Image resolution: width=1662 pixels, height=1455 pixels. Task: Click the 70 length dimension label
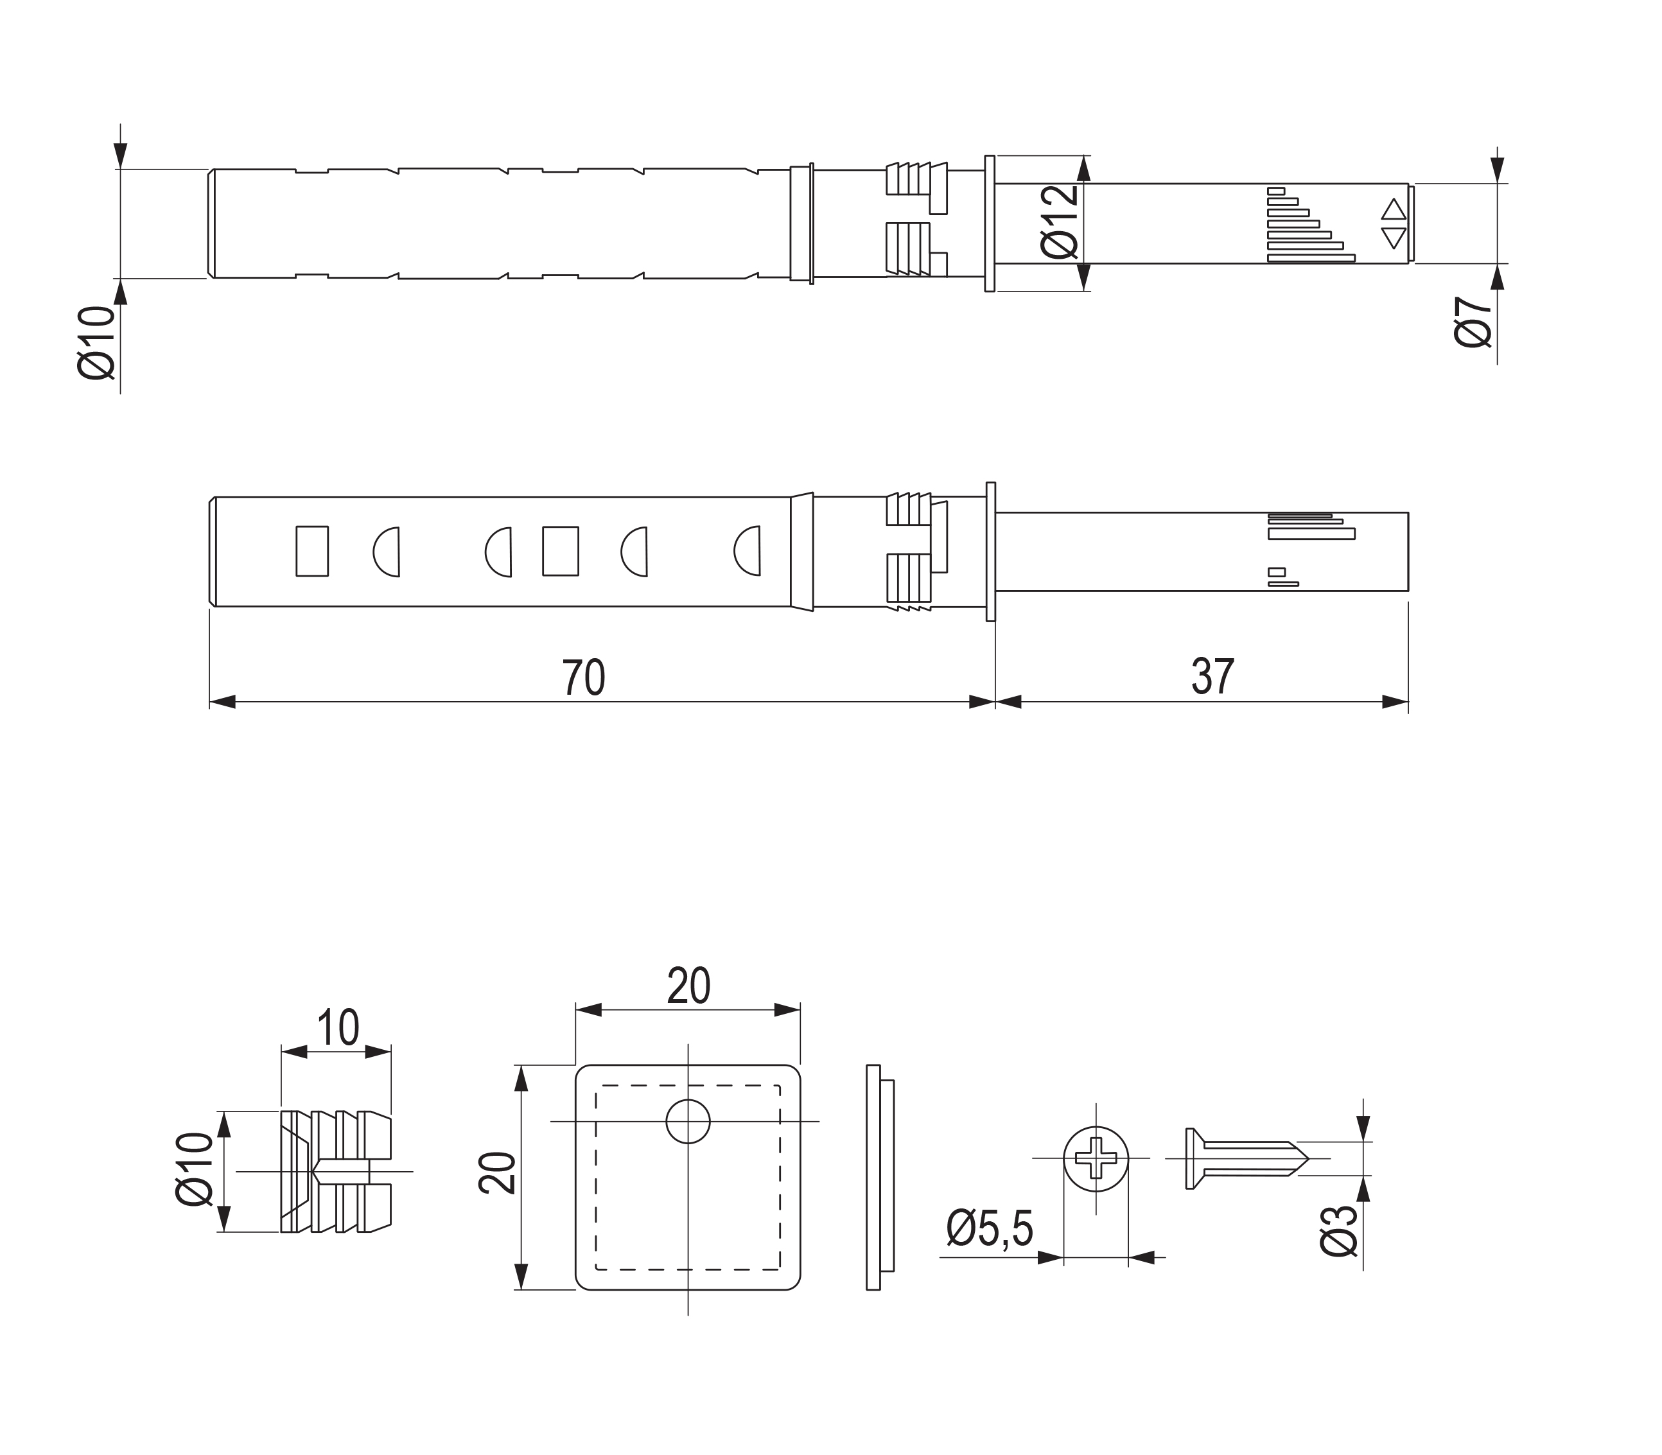[x=583, y=677]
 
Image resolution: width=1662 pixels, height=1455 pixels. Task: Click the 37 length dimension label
[x=1213, y=676]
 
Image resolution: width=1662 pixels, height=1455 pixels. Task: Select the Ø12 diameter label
[x=1059, y=222]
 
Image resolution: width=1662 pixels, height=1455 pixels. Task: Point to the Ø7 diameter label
[x=1473, y=322]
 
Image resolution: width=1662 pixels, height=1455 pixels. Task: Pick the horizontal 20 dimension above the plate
[x=688, y=985]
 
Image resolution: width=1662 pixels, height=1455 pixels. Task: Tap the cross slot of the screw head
[x=1096, y=1157]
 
